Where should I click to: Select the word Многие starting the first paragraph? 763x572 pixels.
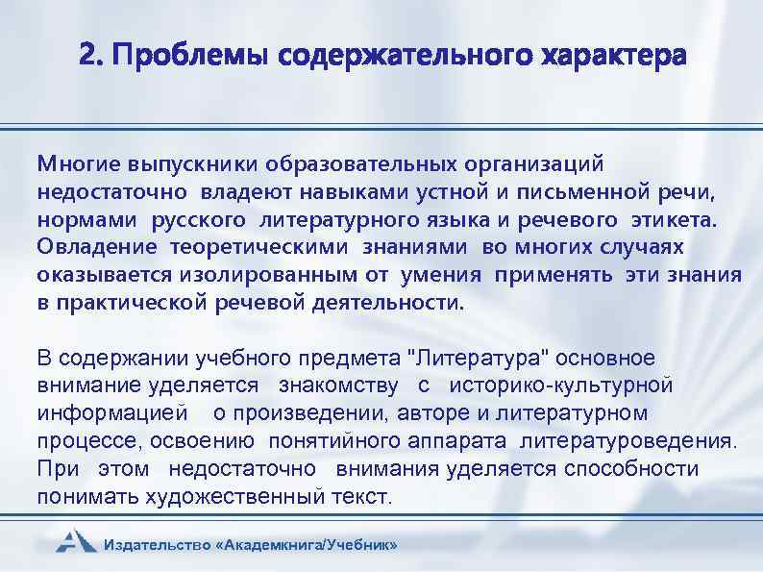(73, 163)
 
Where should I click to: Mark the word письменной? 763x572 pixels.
(586, 191)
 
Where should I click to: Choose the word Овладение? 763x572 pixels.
(98, 247)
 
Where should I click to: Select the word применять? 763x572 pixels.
(555, 275)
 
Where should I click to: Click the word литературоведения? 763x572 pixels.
(629, 442)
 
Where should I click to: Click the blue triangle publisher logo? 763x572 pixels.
(74, 540)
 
